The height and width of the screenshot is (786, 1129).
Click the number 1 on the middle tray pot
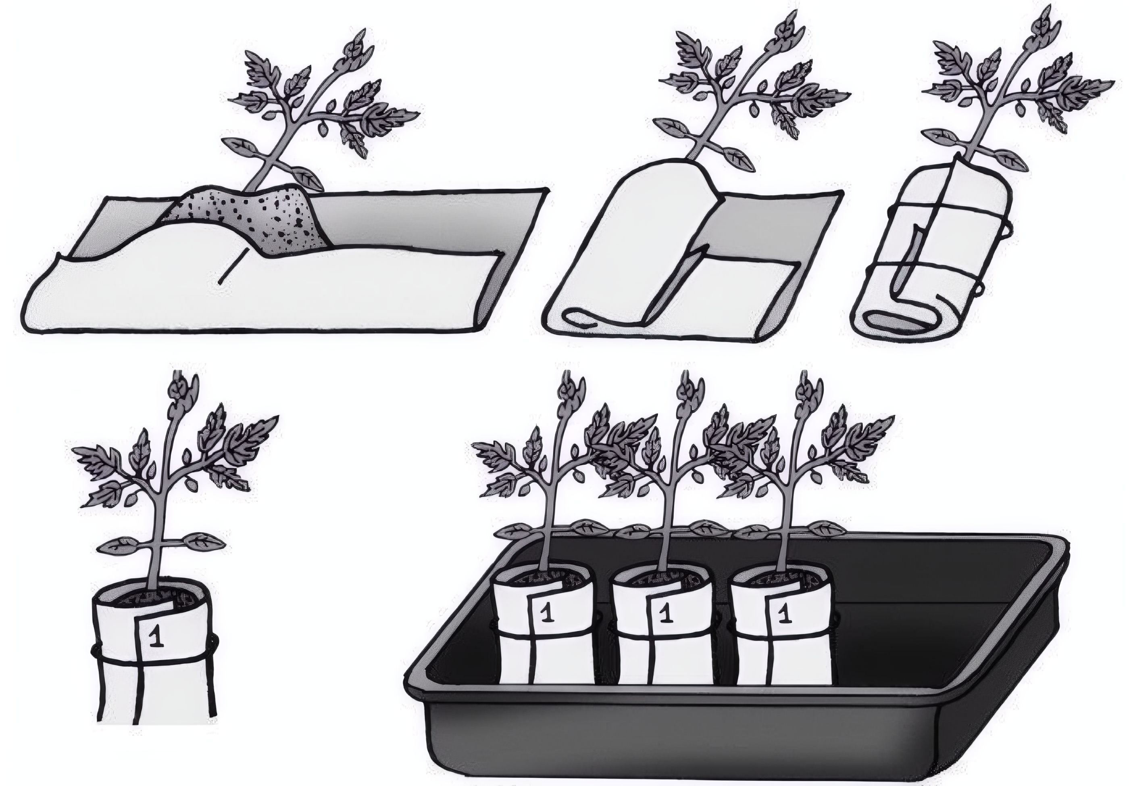[665, 615]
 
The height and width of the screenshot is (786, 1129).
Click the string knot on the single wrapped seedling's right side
[215, 642]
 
